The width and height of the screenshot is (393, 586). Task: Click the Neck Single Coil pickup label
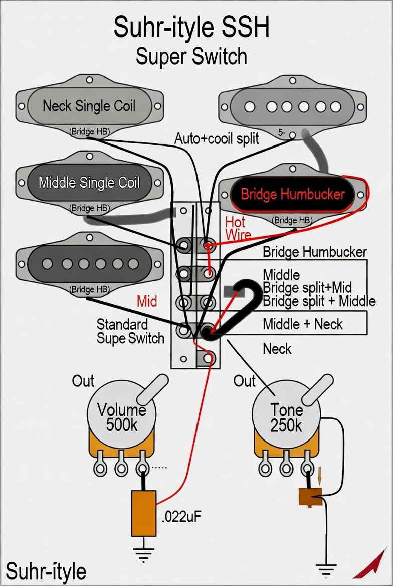click(89, 106)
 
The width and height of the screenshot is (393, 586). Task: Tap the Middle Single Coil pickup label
click(89, 183)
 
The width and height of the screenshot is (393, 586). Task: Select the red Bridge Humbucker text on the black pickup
click(293, 194)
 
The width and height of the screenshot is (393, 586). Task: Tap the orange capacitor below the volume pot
click(143, 513)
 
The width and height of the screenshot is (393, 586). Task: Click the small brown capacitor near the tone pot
click(310, 496)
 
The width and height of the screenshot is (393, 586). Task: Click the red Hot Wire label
click(238, 228)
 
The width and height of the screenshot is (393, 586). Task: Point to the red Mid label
click(147, 301)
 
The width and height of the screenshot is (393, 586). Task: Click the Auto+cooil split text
click(217, 138)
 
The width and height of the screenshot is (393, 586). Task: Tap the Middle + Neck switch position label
click(303, 324)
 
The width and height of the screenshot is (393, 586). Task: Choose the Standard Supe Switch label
click(130, 331)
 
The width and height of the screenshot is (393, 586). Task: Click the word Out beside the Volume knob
click(83, 381)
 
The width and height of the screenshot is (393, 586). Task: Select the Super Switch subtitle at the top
click(191, 56)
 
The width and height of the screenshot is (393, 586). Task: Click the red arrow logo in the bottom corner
click(370, 565)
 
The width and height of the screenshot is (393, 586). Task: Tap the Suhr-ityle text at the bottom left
click(46, 571)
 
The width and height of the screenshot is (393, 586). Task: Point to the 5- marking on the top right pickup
click(282, 132)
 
